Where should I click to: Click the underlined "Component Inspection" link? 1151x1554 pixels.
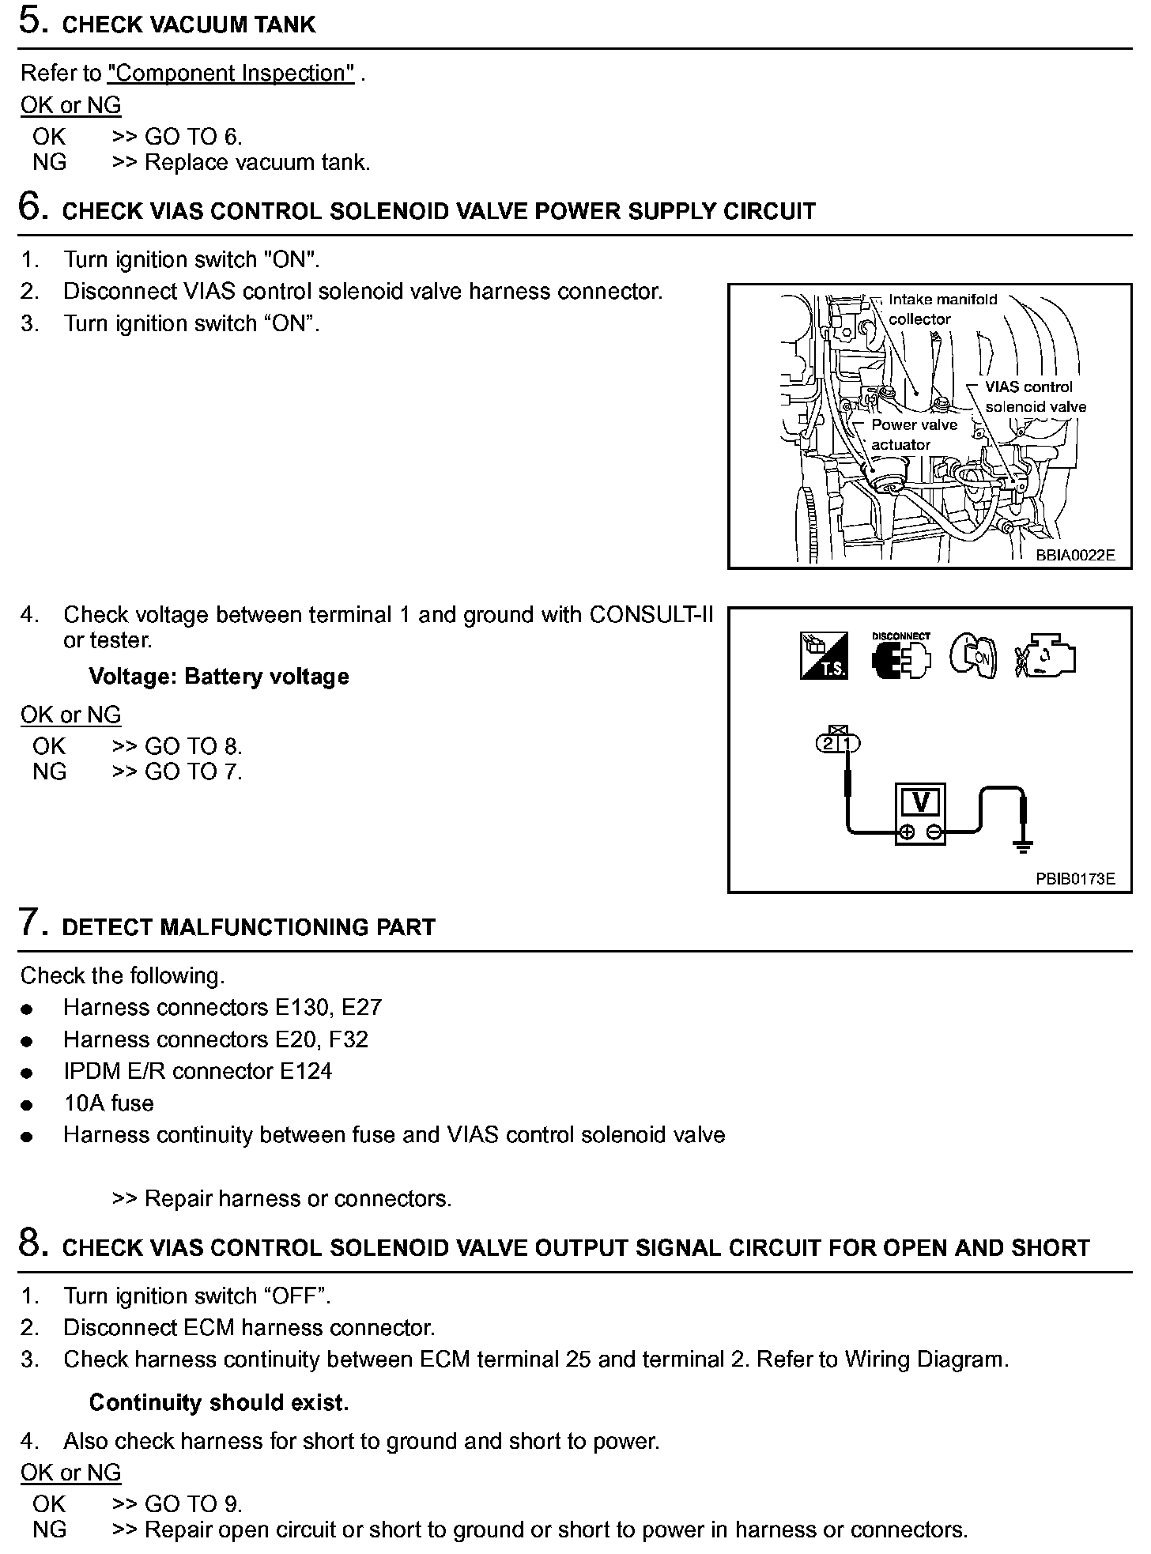231,73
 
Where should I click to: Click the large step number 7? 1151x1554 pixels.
31,922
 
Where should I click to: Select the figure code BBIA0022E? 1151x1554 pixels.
1075,555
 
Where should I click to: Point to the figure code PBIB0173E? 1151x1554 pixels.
1075,879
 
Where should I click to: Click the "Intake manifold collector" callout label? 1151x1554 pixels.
942,309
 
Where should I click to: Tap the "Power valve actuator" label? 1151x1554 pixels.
913,434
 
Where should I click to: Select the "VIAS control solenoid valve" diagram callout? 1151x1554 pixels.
1034,397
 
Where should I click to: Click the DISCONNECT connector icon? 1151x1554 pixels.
900,656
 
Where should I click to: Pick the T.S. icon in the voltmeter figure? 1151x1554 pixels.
824,656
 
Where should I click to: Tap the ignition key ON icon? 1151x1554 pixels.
972,656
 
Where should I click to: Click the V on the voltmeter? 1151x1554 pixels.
920,802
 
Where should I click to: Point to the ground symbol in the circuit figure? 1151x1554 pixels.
1023,847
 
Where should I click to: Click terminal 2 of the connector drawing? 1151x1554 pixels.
828,744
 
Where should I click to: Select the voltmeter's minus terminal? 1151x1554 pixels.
934,832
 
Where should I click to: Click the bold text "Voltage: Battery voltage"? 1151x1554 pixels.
219,677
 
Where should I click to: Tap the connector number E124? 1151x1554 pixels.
306,1071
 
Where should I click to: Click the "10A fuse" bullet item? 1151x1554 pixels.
108,1103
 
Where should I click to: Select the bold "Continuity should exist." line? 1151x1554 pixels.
219,1403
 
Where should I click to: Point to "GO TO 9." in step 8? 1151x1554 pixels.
194,1504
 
